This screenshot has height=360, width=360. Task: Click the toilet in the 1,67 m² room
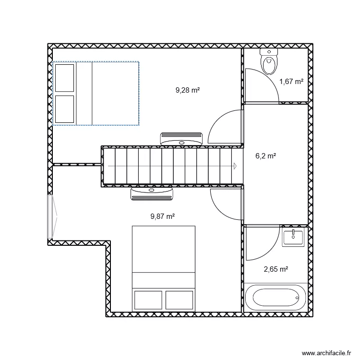pyautogui.click(x=269, y=61)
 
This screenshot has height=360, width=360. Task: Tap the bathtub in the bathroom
pyautogui.click(x=276, y=297)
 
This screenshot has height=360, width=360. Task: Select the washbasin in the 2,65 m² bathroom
pyautogui.click(x=293, y=237)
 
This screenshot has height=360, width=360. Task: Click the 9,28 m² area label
pyautogui.click(x=188, y=90)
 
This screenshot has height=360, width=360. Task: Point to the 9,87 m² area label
pyautogui.click(x=163, y=216)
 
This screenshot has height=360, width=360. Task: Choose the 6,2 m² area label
pyautogui.click(x=265, y=156)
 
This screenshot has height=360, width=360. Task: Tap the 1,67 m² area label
pyautogui.click(x=291, y=81)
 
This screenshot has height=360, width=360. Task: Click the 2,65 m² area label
pyautogui.click(x=276, y=269)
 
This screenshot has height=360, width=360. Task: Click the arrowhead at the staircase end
pyautogui.click(x=235, y=166)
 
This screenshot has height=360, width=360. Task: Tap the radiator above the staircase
pyautogui.click(x=181, y=139)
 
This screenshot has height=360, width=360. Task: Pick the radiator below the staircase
pyautogui.click(x=152, y=194)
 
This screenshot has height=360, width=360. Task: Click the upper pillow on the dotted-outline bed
pyautogui.click(x=64, y=78)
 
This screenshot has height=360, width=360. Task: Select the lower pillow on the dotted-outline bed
pyautogui.click(x=64, y=109)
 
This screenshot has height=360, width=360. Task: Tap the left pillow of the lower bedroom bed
pyautogui.click(x=148, y=300)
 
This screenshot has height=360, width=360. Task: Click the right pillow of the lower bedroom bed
pyautogui.click(x=179, y=300)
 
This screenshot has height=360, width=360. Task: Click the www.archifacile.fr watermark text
pyautogui.click(x=326, y=353)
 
